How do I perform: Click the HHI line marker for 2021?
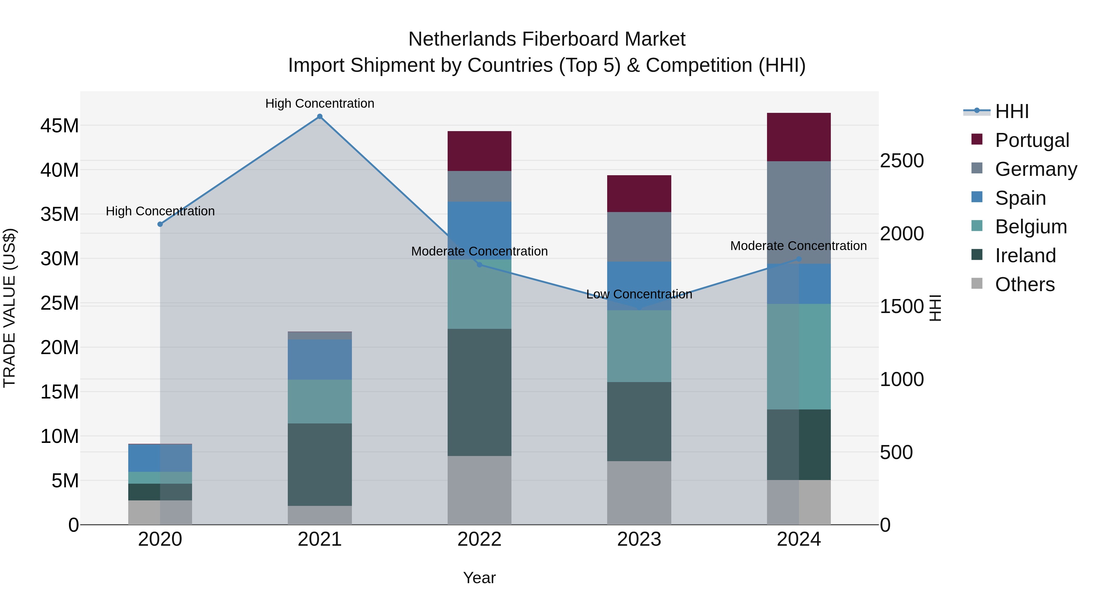(320, 117)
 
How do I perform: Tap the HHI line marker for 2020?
(160, 224)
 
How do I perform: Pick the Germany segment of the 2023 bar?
(639, 236)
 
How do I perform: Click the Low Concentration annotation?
(639, 294)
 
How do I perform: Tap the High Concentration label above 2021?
(320, 103)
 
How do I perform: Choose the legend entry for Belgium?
(1031, 227)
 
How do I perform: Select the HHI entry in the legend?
(1012, 111)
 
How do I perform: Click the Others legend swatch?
(977, 284)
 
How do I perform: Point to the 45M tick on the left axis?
(60, 126)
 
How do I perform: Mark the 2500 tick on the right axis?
(902, 161)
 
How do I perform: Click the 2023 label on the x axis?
(639, 539)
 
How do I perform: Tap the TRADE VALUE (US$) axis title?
(9, 308)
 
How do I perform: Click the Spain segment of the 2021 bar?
(320, 359)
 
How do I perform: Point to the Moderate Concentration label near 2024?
(798, 246)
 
